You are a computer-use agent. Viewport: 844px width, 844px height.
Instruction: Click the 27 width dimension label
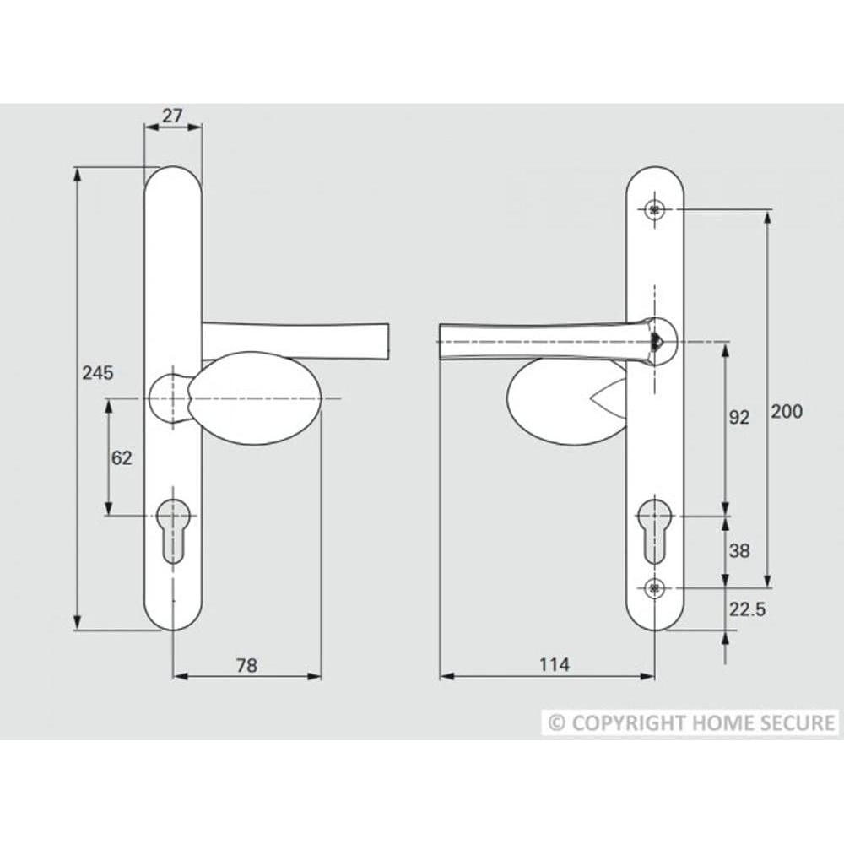coord(173,116)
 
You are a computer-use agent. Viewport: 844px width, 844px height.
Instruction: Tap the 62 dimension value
coord(122,458)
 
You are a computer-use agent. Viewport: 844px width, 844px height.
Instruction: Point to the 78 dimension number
coord(246,666)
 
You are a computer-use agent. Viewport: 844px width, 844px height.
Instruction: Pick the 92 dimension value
coord(738,417)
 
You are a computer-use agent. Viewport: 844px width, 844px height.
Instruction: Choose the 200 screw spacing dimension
coord(787,412)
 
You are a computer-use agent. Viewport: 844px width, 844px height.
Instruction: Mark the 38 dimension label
coord(738,551)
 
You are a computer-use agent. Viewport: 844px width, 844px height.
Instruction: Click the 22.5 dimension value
coord(747,609)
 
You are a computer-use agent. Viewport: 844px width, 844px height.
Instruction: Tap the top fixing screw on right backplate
coord(654,209)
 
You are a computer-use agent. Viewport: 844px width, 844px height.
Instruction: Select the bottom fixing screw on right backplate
coord(654,587)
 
